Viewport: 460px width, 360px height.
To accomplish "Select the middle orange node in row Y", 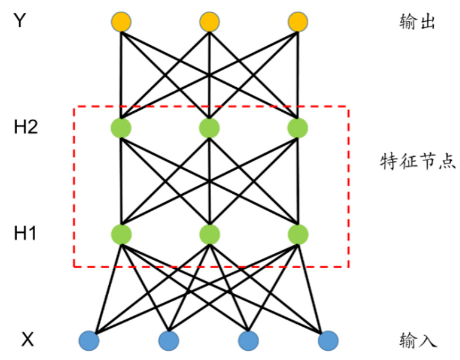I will [x=209, y=23].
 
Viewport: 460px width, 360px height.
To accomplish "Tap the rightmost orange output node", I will [x=298, y=23].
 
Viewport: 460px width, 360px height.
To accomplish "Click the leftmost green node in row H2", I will [x=120, y=127].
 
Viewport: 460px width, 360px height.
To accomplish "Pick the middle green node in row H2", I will [x=209, y=127].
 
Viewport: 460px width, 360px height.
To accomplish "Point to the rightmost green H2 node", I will [x=298, y=127].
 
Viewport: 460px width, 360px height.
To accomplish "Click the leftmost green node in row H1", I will [x=120, y=234].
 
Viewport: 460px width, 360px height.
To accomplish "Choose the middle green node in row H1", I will [x=209, y=234].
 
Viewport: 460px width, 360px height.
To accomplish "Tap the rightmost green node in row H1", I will [x=298, y=234].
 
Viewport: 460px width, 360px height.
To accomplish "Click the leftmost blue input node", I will [x=89, y=340].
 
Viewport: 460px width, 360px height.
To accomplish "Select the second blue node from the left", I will [x=169, y=340].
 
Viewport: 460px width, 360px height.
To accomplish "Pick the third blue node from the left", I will [x=248, y=340].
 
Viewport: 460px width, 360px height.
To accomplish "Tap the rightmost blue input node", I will [x=328, y=340].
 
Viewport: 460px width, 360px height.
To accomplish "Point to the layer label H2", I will [x=26, y=127].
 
